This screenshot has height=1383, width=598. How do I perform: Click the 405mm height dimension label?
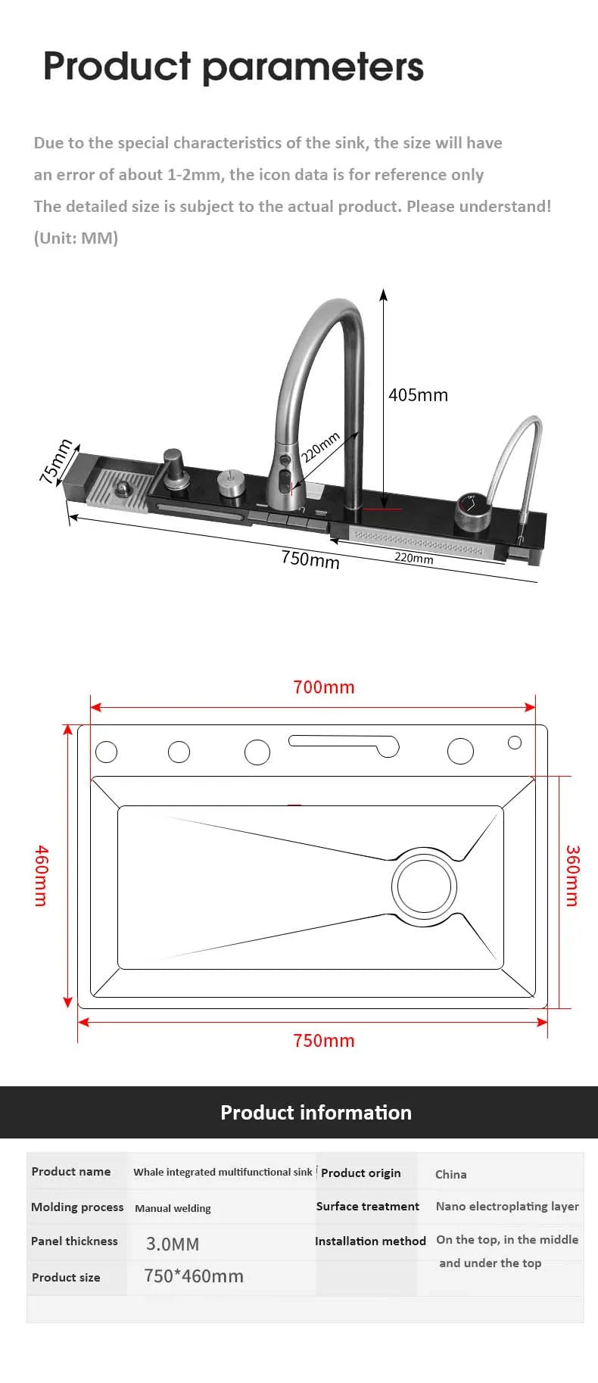click(x=418, y=395)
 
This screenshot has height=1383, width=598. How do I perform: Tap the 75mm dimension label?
click(x=55, y=461)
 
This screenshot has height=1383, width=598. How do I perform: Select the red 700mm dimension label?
click(x=323, y=687)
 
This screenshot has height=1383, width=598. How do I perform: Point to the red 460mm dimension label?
click(x=41, y=876)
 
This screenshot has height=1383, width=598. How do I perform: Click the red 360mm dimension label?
click(x=572, y=876)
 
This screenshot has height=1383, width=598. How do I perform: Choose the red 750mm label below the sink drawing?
click(x=323, y=1041)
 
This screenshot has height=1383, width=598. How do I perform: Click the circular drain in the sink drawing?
click(x=424, y=886)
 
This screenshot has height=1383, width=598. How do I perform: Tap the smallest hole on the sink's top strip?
click(x=515, y=743)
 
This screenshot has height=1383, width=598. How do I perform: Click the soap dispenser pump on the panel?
click(x=174, y=472)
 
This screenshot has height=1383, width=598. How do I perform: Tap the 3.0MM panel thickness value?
click(x=173, y=1244)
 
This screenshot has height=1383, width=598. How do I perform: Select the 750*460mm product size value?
click(x=194, y=1276)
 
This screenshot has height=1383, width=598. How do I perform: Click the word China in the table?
click(x=450, y=1174)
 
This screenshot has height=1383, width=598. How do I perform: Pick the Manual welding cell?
click(x=173, y=1208)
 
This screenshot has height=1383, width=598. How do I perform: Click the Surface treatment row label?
click(x=367, y=1207)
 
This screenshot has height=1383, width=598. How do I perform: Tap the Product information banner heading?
click(x=316, y=1113)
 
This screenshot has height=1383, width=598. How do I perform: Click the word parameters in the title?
click(x=313, y=68)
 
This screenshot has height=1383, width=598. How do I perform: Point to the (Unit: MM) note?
click(x=76, y=238)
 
